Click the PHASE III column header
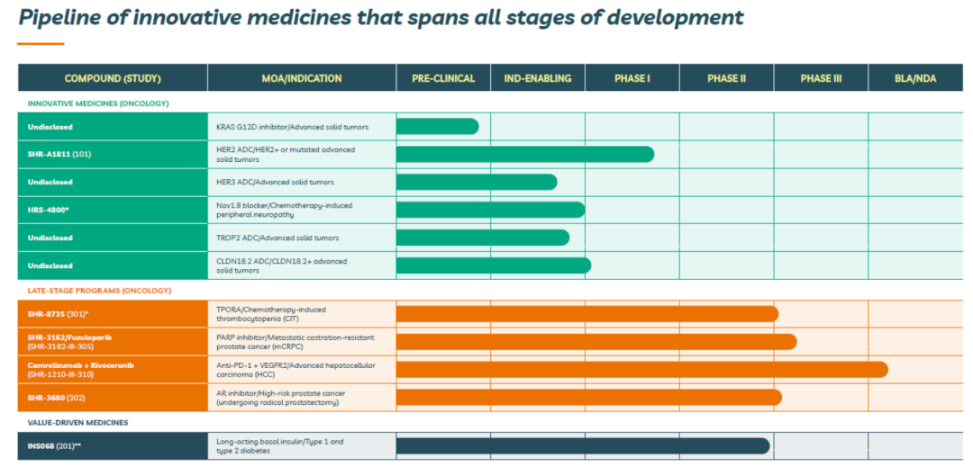click(x=821, y=78)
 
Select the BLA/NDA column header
click(x=915, y=78)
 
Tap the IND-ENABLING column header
click(x=537, y=78)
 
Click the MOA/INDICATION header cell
click(x=302, y=78)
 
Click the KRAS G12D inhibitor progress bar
click(x=437, y=126)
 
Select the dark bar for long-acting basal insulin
click(x=582, y=445)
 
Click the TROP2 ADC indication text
click(x=276, y=238)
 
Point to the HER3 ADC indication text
click(x=275, y=182)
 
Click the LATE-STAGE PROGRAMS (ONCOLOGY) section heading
click(x=99, y=290)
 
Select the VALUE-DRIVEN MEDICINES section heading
click(x=77, y=421)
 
